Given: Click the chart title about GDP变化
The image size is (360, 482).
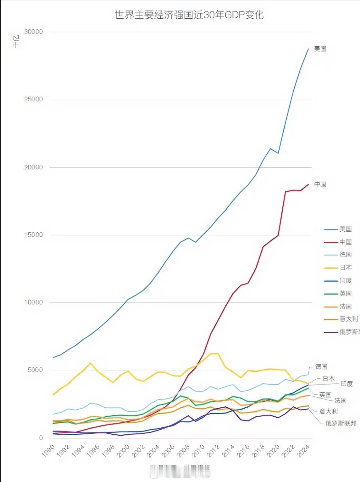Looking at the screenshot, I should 189,15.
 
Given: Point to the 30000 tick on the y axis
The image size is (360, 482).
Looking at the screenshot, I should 33,32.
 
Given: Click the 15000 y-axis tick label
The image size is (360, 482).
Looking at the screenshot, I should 33,235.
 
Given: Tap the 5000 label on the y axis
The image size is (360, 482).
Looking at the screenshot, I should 35,370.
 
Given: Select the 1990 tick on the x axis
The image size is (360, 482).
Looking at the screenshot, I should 49,450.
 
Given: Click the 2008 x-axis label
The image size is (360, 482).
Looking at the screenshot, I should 184,450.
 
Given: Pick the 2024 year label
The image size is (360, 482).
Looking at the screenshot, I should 303,450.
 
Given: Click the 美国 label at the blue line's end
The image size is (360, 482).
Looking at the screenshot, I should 320,49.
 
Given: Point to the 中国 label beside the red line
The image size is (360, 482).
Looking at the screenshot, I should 320,184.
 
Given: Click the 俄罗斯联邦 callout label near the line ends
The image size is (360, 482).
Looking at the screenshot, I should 341,423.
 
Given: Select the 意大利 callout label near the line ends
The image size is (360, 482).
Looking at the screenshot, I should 328,411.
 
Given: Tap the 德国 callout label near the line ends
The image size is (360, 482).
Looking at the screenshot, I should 321,367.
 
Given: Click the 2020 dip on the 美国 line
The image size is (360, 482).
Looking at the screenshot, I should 278,153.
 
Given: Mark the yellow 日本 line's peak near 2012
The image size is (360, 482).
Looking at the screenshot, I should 218,353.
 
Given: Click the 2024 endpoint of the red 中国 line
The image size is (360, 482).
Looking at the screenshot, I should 308,184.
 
